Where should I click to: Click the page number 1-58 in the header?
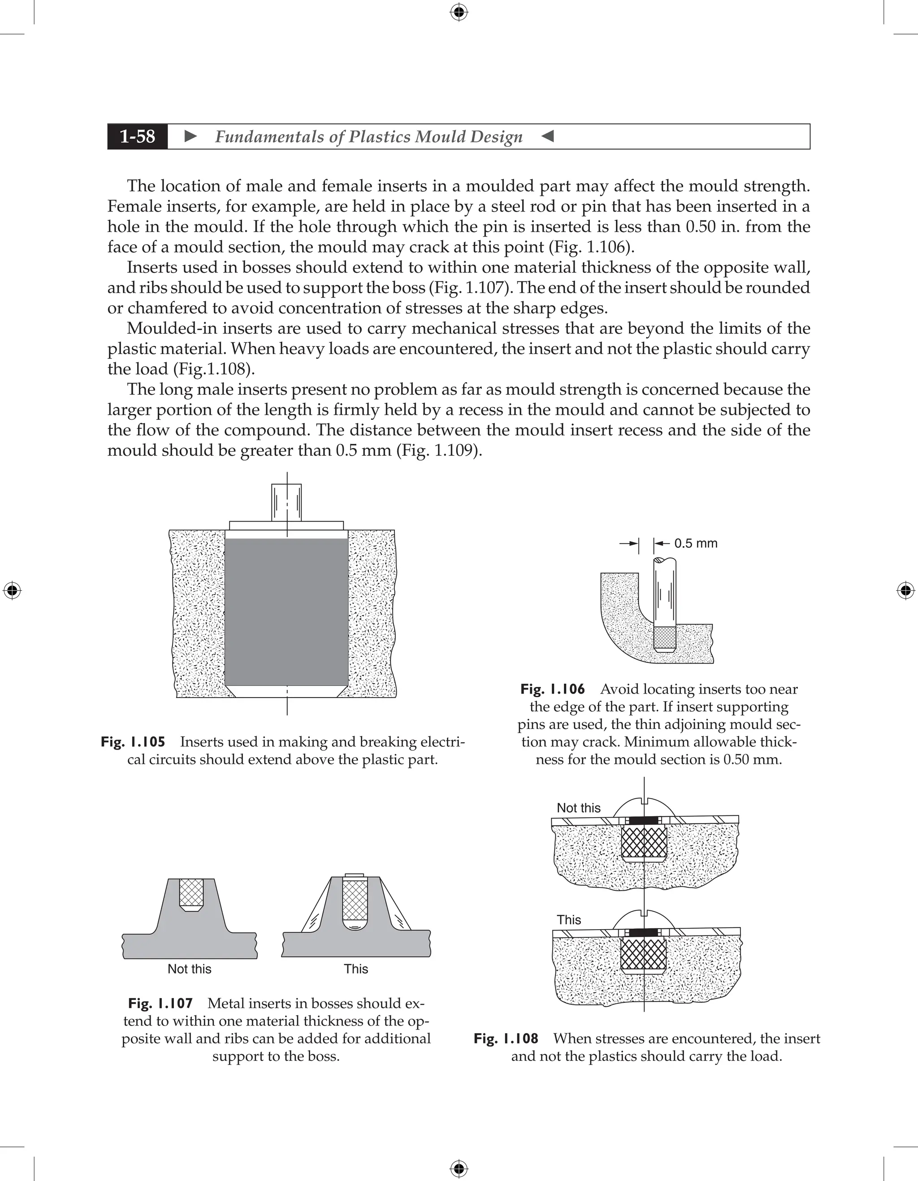(x=138, y=136)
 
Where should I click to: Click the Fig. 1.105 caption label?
(x=133, y=741)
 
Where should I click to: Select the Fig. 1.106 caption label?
(x=552, y=689)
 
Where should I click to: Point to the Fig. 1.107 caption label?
(x=160, y=1003)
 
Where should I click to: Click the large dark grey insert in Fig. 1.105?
(x=286, y=611)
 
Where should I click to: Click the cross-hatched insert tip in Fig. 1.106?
(x=664, y=638)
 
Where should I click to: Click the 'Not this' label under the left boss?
(x=189, y=969)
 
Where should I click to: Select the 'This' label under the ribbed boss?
(x=355, y=969)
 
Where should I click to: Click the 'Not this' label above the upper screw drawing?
(x=578, y=808)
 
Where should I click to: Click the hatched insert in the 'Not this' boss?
(x=191, y=893)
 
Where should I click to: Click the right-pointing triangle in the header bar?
(x=191, y=136)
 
